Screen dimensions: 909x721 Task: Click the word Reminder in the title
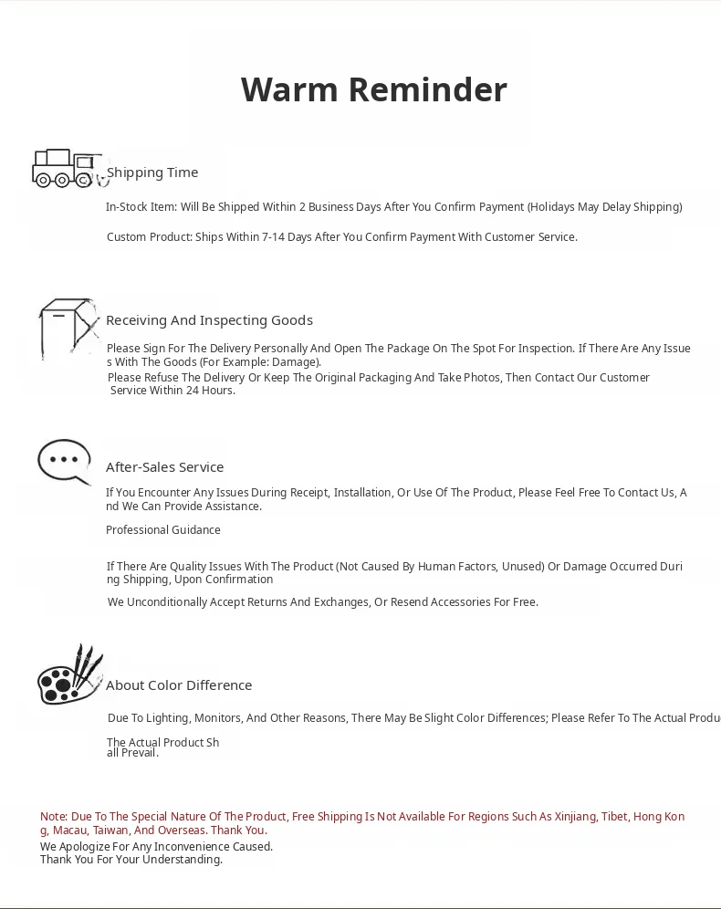[427, 89]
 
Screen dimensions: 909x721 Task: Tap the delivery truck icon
[68, 168]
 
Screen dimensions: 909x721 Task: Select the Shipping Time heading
[152, 172]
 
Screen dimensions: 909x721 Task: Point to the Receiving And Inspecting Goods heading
[209, 320]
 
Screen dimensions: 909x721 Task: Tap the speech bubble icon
[64, 461]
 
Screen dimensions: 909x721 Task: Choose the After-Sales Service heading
[164, 467]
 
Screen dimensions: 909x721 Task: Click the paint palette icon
[69, 675]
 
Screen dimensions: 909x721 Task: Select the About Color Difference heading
[179, 685]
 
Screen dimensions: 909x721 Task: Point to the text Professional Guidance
[162, 530]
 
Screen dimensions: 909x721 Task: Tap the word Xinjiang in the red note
[575, 817]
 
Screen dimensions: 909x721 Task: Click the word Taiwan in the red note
[110, 831]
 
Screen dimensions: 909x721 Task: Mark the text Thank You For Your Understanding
[131, 860]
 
